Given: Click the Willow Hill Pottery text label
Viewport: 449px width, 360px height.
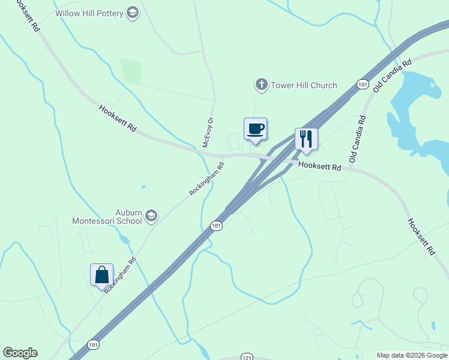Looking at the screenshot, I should click(89, 13).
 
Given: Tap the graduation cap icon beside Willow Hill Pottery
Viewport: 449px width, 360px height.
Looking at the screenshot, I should click(133, 13).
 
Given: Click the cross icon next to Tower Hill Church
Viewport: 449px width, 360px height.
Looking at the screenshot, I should click(261, 85).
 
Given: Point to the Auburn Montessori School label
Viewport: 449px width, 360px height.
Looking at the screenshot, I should click(107, 217).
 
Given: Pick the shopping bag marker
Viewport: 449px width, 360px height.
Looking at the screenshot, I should click(101, 275).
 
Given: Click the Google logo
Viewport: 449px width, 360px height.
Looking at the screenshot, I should click(20, 353).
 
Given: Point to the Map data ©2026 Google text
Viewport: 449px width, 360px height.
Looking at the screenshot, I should click(412, 355).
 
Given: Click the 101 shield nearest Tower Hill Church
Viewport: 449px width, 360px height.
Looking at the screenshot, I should click(361, 85).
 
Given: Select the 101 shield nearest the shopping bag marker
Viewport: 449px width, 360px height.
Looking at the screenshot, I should click(92, 344).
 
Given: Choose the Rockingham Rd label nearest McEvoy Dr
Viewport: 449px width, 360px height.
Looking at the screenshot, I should click(206, 178).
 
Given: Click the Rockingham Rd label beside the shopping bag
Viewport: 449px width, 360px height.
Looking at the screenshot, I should click(121, 275).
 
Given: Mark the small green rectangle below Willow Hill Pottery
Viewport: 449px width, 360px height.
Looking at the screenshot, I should click(130, 71).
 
